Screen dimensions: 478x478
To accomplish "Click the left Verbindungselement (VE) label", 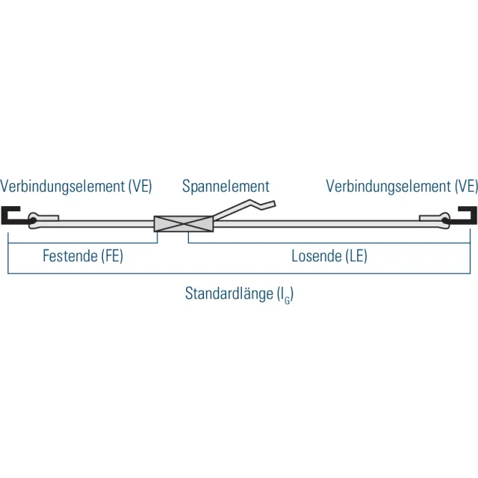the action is (76, 186).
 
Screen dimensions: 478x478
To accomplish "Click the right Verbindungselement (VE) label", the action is (402, 186).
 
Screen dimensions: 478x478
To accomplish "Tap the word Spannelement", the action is (226, 187).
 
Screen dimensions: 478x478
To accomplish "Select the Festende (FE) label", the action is (83, 255).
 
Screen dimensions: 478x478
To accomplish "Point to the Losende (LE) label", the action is (329, 255).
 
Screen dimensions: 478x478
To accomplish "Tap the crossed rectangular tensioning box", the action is (184, 224).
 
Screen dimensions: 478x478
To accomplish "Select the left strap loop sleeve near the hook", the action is (43, 220).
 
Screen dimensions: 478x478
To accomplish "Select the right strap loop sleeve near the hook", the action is (435, 220).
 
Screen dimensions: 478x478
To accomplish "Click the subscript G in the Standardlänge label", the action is (287, 301).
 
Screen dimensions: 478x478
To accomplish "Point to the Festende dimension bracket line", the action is (83, 243).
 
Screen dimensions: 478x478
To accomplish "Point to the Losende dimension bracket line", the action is (329, 243).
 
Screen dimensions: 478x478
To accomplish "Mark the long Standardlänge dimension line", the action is (239, 273).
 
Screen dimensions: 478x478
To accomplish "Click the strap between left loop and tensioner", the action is (106, 224).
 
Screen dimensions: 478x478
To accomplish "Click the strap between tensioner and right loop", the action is (317, 224).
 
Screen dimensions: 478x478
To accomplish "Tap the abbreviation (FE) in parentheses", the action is (112, 256).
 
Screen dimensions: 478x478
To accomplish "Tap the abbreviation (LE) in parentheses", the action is (356, 256).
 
